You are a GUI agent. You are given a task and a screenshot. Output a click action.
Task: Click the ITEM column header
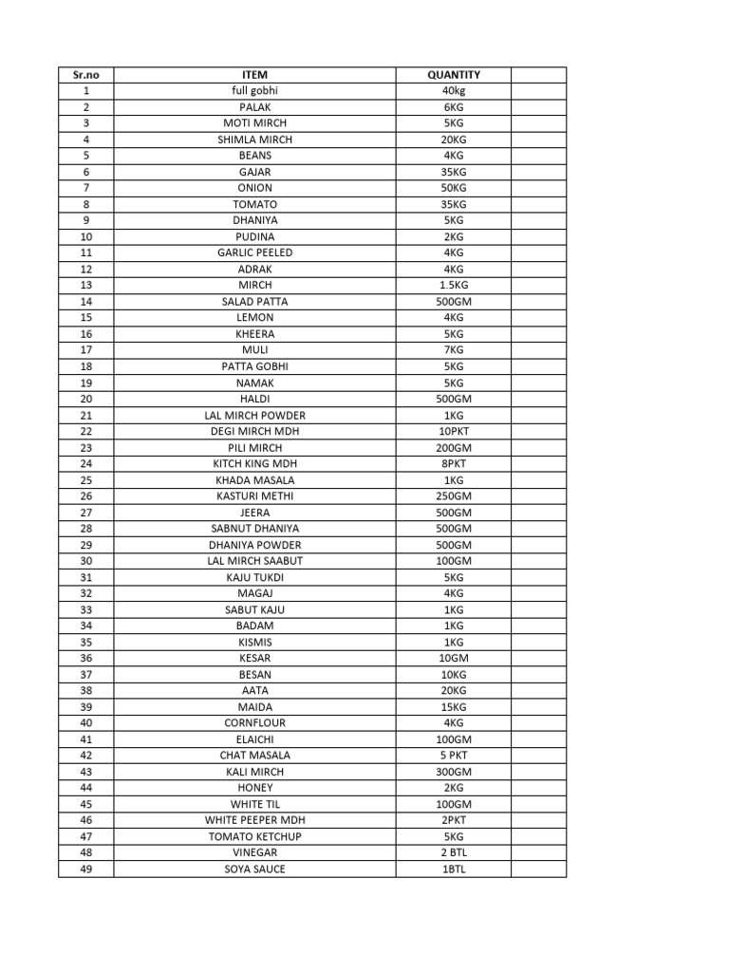[254, 74]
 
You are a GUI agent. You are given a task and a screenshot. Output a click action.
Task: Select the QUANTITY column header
[453, 74]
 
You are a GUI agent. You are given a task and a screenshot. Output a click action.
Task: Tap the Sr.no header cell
[85, 74]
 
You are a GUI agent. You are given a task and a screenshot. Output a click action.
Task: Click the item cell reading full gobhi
[254, 90]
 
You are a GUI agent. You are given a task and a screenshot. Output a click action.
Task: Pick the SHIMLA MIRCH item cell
[254, 140]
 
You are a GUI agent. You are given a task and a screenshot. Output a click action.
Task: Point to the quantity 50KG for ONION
[453, 188]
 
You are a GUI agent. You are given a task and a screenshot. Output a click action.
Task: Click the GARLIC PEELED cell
[254, 252]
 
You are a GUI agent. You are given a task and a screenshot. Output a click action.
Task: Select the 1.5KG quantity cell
[453, 285]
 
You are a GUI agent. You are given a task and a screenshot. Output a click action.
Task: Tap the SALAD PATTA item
[254, 301]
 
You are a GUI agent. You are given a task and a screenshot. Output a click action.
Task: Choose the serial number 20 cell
[85, 399]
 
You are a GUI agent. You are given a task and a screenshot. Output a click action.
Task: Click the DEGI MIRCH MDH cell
[254, 431]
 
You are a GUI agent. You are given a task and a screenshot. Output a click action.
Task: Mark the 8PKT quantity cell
[453, 463]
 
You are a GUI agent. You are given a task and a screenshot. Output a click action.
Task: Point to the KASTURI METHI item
[254, 495]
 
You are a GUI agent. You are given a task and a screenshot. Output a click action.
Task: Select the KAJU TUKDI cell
[254, 577]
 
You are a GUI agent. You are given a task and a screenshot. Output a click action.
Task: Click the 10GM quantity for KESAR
[453, 658]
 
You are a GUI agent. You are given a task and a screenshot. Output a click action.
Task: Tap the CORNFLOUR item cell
[254, 722]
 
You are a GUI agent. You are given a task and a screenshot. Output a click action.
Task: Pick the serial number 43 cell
[85, 772]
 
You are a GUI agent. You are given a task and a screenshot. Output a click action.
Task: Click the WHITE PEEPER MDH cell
[254, 820]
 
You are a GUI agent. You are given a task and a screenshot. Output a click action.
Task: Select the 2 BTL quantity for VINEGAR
[453, 852]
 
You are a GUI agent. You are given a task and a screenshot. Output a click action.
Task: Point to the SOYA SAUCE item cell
[254, 869]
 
